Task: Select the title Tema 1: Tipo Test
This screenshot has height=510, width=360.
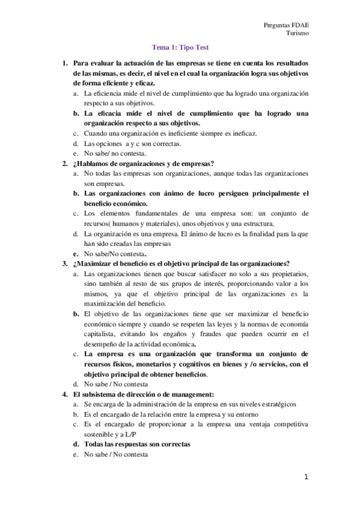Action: click(180, 48)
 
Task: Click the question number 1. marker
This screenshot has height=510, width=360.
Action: click(65, 63)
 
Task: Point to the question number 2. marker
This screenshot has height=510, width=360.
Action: click(65, 164)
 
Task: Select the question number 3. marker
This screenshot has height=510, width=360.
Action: click(65, 263)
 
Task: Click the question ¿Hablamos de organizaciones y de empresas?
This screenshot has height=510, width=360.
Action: click(144, 164)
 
